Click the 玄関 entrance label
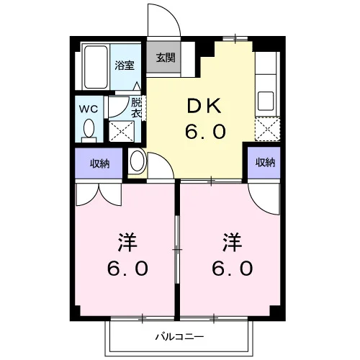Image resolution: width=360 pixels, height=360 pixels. pyautogui.click(x=166, y=58)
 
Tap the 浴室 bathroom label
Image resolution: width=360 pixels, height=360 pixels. pyautogui.click(x=125, y=66)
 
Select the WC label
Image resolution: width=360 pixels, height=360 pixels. pyautogui.click(x=89, y=109)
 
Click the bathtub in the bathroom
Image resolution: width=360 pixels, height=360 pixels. pyautogui.click(x=96, y=67)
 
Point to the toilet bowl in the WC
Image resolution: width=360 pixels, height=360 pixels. pyautogui.click(x=89, y=128)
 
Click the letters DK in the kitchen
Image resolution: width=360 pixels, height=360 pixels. pyautogui.click(x=204, y=107)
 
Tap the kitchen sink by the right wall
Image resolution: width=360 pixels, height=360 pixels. pyautogui.click(x=266, y=101)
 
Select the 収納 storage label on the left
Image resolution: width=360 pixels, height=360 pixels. pyautogui.click(x=99, y=163)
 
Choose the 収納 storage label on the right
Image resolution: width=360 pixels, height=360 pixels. pyautogui.click(x=265, y=163)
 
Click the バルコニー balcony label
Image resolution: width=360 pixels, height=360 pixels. pyautogui.click(x=180, y=337)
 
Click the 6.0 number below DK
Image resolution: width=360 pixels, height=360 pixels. pyautogui.click(x=205, y=132)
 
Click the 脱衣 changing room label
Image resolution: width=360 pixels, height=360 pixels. pyautogui.click(x=136, y=108)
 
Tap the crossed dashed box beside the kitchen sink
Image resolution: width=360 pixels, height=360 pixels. pyautogui.click(x=267, y=129)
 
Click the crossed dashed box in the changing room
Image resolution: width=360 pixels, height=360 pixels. pyautogui.click(x=122, y=131)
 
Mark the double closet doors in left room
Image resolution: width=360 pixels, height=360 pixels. pyautogui.click(x=99, y=194)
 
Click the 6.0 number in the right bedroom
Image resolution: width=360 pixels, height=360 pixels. pyautogui.click(x=233, y=269)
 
